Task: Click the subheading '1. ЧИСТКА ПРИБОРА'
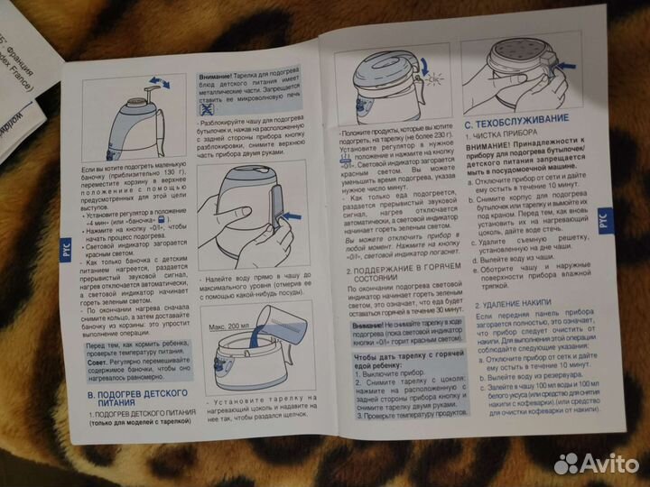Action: [500, 134]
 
